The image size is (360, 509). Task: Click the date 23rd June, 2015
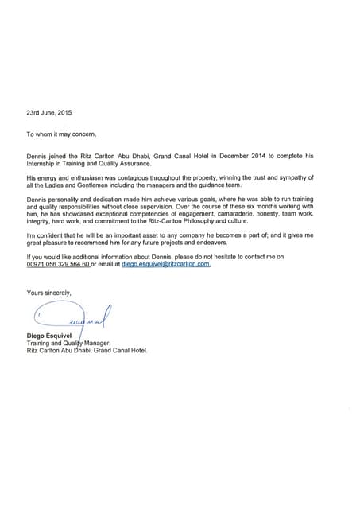point(49,112)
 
